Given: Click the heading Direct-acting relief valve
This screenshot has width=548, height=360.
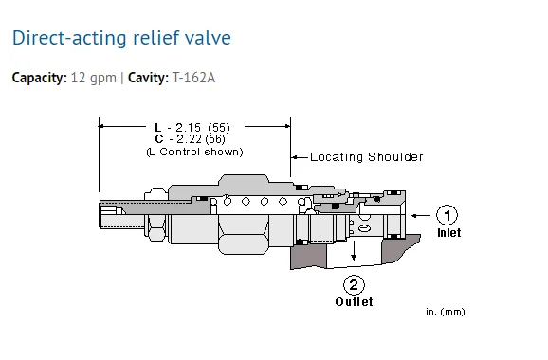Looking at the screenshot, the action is coord(121,38).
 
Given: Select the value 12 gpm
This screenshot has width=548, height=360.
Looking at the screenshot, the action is coord(93,78).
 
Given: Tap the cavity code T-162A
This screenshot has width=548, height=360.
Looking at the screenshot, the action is coord(193,78).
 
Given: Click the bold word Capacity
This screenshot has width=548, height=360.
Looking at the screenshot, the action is coord(40,78).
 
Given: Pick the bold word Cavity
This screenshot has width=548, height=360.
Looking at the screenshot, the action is coord(148,78).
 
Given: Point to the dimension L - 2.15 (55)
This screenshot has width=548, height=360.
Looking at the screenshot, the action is coord(192,128).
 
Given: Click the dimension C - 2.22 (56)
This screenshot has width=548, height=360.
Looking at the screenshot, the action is coord(191,139).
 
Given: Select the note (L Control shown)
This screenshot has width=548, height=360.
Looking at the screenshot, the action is coord(194,152).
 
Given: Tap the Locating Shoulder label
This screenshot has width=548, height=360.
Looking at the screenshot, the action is coord(367,157).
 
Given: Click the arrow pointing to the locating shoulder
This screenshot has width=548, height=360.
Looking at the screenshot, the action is coord(300,157).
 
